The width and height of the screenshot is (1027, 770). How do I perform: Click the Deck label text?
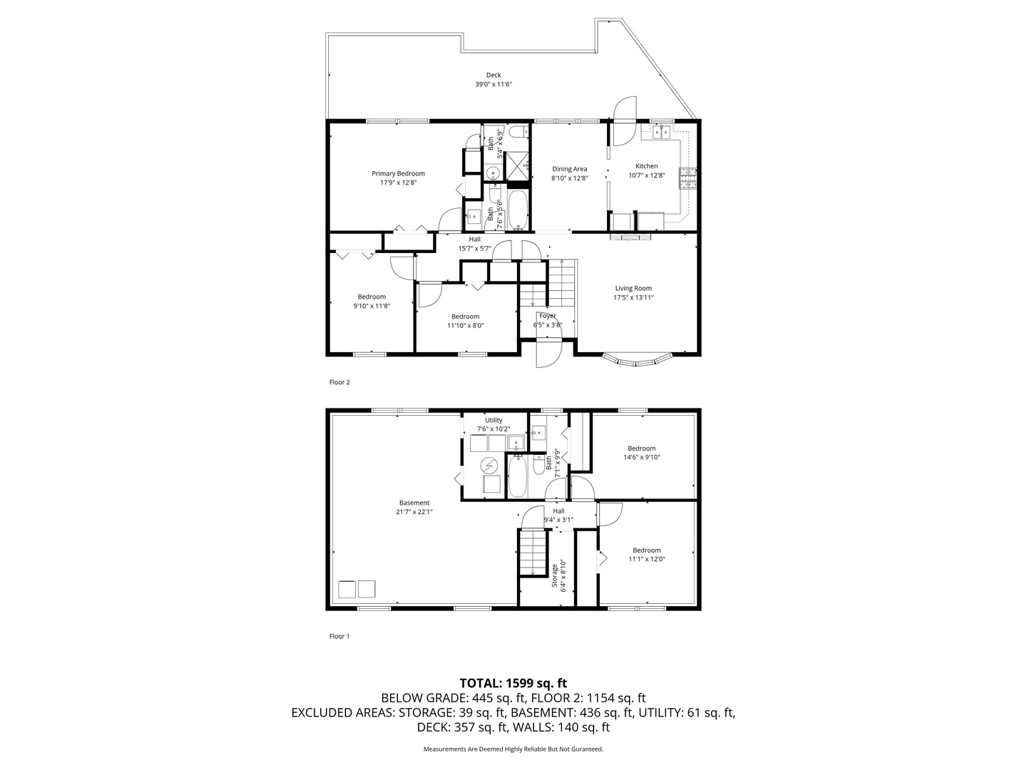(x=494, y=75)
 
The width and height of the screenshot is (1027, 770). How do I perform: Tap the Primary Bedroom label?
(x=398, y=173)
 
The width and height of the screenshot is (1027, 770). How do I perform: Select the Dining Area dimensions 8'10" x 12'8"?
(x=570, y=178)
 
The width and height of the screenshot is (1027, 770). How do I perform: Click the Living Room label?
(x=633, y=289)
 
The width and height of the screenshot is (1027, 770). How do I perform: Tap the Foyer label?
(x=547, y=316)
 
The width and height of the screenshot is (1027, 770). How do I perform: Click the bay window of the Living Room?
(x=637, y=360)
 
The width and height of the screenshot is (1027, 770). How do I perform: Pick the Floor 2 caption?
(x=339, y=382)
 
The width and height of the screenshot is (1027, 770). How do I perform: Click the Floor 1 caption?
(x=339, y=636)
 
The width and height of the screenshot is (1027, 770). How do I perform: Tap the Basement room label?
(x=414, y=503)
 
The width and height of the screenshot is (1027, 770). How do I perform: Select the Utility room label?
(x=494, y=420)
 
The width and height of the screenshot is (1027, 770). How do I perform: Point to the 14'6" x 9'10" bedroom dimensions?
(x=641, y=458)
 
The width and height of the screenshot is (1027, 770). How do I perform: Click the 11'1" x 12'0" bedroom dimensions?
(x=646, y=560)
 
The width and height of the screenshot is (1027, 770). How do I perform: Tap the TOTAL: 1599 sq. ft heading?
(x=513, y=683)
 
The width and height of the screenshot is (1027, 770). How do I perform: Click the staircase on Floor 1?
(x=533, y=551)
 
